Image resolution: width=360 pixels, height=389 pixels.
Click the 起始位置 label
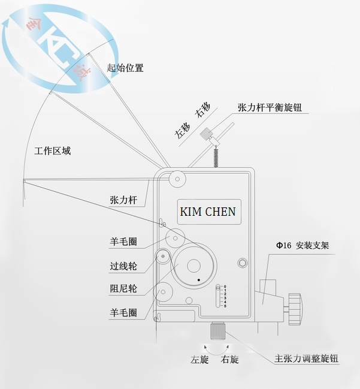click(125, 68)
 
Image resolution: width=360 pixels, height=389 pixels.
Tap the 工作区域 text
click(53, 150)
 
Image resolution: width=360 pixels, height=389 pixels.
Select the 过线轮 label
click(123, 263)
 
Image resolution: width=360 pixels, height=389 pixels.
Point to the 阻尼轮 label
click(123, 288)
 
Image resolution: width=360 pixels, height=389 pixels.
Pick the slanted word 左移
click(182, 130)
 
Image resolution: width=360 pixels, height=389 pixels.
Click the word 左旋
click(199, 360)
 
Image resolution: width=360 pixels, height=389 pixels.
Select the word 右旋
click(230, 360)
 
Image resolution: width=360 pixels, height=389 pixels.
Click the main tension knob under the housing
click(217, 330)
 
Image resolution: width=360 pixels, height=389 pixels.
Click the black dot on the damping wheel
click(196, 280)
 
